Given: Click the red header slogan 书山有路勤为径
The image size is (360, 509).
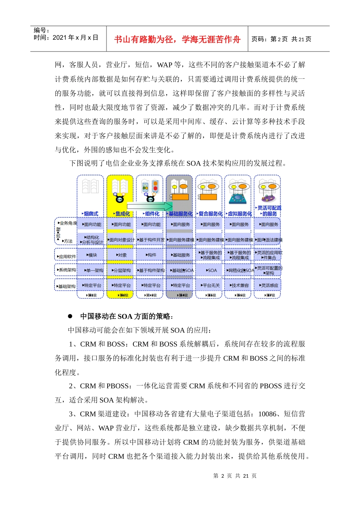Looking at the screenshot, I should (177, 39).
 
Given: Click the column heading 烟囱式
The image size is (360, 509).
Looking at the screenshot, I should (91, 214).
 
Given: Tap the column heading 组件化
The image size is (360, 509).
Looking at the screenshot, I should (152, 214).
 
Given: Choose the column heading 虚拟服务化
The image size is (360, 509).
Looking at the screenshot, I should (239, 214).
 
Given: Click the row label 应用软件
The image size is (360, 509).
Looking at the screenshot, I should (67, 256).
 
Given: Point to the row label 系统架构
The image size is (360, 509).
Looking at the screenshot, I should (67, 270).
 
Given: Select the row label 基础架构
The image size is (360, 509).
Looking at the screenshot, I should (67, 286).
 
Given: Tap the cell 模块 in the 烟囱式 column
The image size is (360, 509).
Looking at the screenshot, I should (91, 255).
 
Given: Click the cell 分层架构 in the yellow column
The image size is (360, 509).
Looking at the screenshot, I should (122, 270).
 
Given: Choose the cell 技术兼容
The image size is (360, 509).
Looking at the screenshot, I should (240, 286).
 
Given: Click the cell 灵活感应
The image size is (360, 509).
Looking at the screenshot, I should (269, 286).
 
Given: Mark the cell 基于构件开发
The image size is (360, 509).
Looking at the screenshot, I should (151, 240).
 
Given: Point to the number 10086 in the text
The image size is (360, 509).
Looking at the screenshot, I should (267, 414).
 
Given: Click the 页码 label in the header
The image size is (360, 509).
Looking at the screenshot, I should (259, 39).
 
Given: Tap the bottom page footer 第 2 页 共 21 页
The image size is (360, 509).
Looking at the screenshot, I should (235, 476).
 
